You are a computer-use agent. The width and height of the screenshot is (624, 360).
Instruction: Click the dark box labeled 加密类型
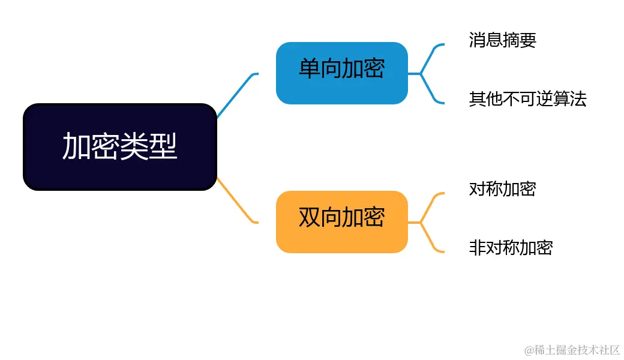(119, 147)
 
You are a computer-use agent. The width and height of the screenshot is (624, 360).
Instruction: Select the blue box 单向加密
(341, 73)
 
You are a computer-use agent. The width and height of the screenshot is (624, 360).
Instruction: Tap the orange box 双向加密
(341, 221)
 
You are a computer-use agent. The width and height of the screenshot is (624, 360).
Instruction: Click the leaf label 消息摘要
(502, 40)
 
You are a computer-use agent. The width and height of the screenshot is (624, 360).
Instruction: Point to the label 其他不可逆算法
(527, 99)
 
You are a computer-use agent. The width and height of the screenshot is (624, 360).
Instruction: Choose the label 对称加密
(502, 189)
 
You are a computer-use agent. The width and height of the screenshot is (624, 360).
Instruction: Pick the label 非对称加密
(511, 248)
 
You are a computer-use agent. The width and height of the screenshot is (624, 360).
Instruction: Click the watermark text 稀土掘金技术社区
(576, 349)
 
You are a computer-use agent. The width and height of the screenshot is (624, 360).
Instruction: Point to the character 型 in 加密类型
(163, 146)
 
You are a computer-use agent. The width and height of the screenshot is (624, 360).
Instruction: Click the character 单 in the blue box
(310, 69)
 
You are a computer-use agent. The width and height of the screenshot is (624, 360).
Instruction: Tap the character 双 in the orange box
(310, 217)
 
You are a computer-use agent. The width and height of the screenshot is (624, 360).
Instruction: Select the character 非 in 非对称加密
(478, 248)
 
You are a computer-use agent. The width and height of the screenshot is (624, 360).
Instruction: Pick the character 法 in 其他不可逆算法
(578, 99)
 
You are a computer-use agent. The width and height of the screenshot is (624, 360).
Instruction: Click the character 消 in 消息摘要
(478, 40)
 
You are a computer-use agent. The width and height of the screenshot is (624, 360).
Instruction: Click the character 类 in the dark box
(134, 146)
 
